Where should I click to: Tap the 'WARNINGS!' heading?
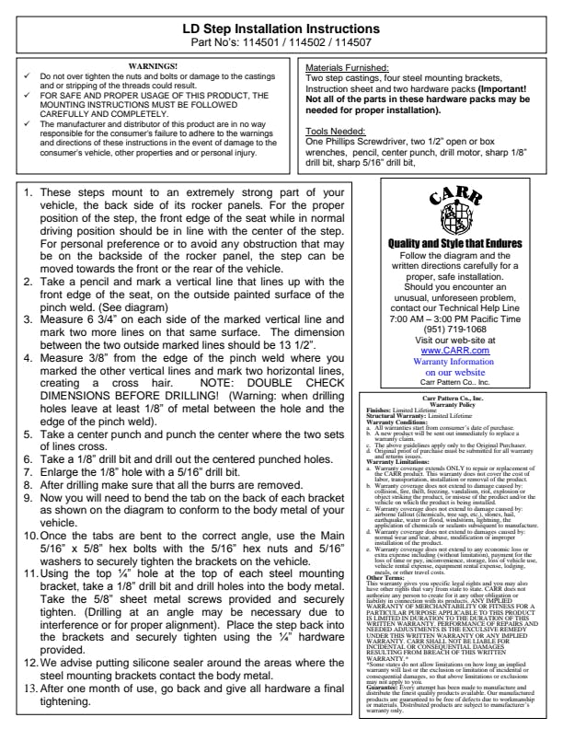[x=153, y=66]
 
